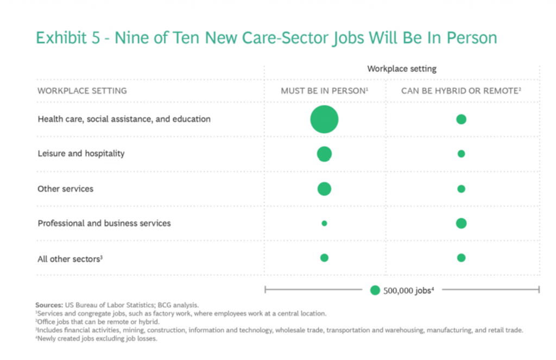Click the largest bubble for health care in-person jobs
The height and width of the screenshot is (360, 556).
pos(324,119)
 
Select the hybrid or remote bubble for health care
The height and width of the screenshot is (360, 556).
pos(461,119)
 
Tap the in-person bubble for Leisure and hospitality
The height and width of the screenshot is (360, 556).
pos(324,154)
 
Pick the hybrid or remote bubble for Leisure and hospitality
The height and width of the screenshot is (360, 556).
pos(461,154)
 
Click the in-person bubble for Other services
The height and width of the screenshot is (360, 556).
pos(324,189)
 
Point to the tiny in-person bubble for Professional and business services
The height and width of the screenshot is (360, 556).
pos(324,223)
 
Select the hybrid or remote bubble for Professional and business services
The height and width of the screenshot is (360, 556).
pos(461,223)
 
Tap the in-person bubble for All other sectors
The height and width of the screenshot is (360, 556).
pos(324,258)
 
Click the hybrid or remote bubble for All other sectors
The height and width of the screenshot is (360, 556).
pos(461,258)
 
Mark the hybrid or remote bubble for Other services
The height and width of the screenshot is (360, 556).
pos(461,189)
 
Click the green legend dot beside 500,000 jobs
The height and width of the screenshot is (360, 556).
pos(375,290)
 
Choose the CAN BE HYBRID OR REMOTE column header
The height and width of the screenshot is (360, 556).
pos(461,91)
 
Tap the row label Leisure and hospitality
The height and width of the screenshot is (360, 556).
pos(81,154)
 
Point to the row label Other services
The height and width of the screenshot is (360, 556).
pos(65,189)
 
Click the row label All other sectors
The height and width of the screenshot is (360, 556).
pos(69,259)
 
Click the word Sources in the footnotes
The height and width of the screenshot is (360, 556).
pos(49,305)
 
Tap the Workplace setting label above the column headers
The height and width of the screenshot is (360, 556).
pos(402,69)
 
